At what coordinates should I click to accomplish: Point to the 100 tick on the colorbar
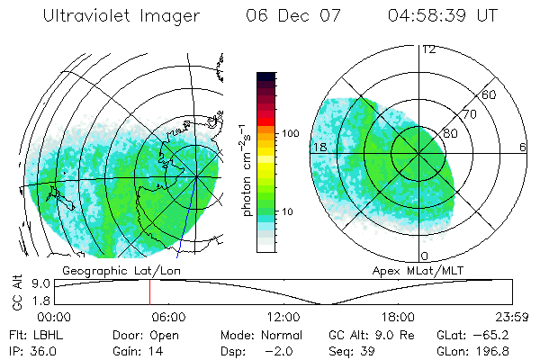click(x=290, y=133)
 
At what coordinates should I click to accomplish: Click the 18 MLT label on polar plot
click(x=319, y=147)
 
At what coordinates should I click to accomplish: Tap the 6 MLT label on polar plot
click(x=523, y=147)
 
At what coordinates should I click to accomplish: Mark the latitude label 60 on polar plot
click(x=490, y=94)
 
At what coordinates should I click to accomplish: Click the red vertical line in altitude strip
click(x=149, y=292)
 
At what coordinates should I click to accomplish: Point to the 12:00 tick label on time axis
click(x=283, y=317)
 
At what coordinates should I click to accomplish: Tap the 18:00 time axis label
click(x=398, y=317)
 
